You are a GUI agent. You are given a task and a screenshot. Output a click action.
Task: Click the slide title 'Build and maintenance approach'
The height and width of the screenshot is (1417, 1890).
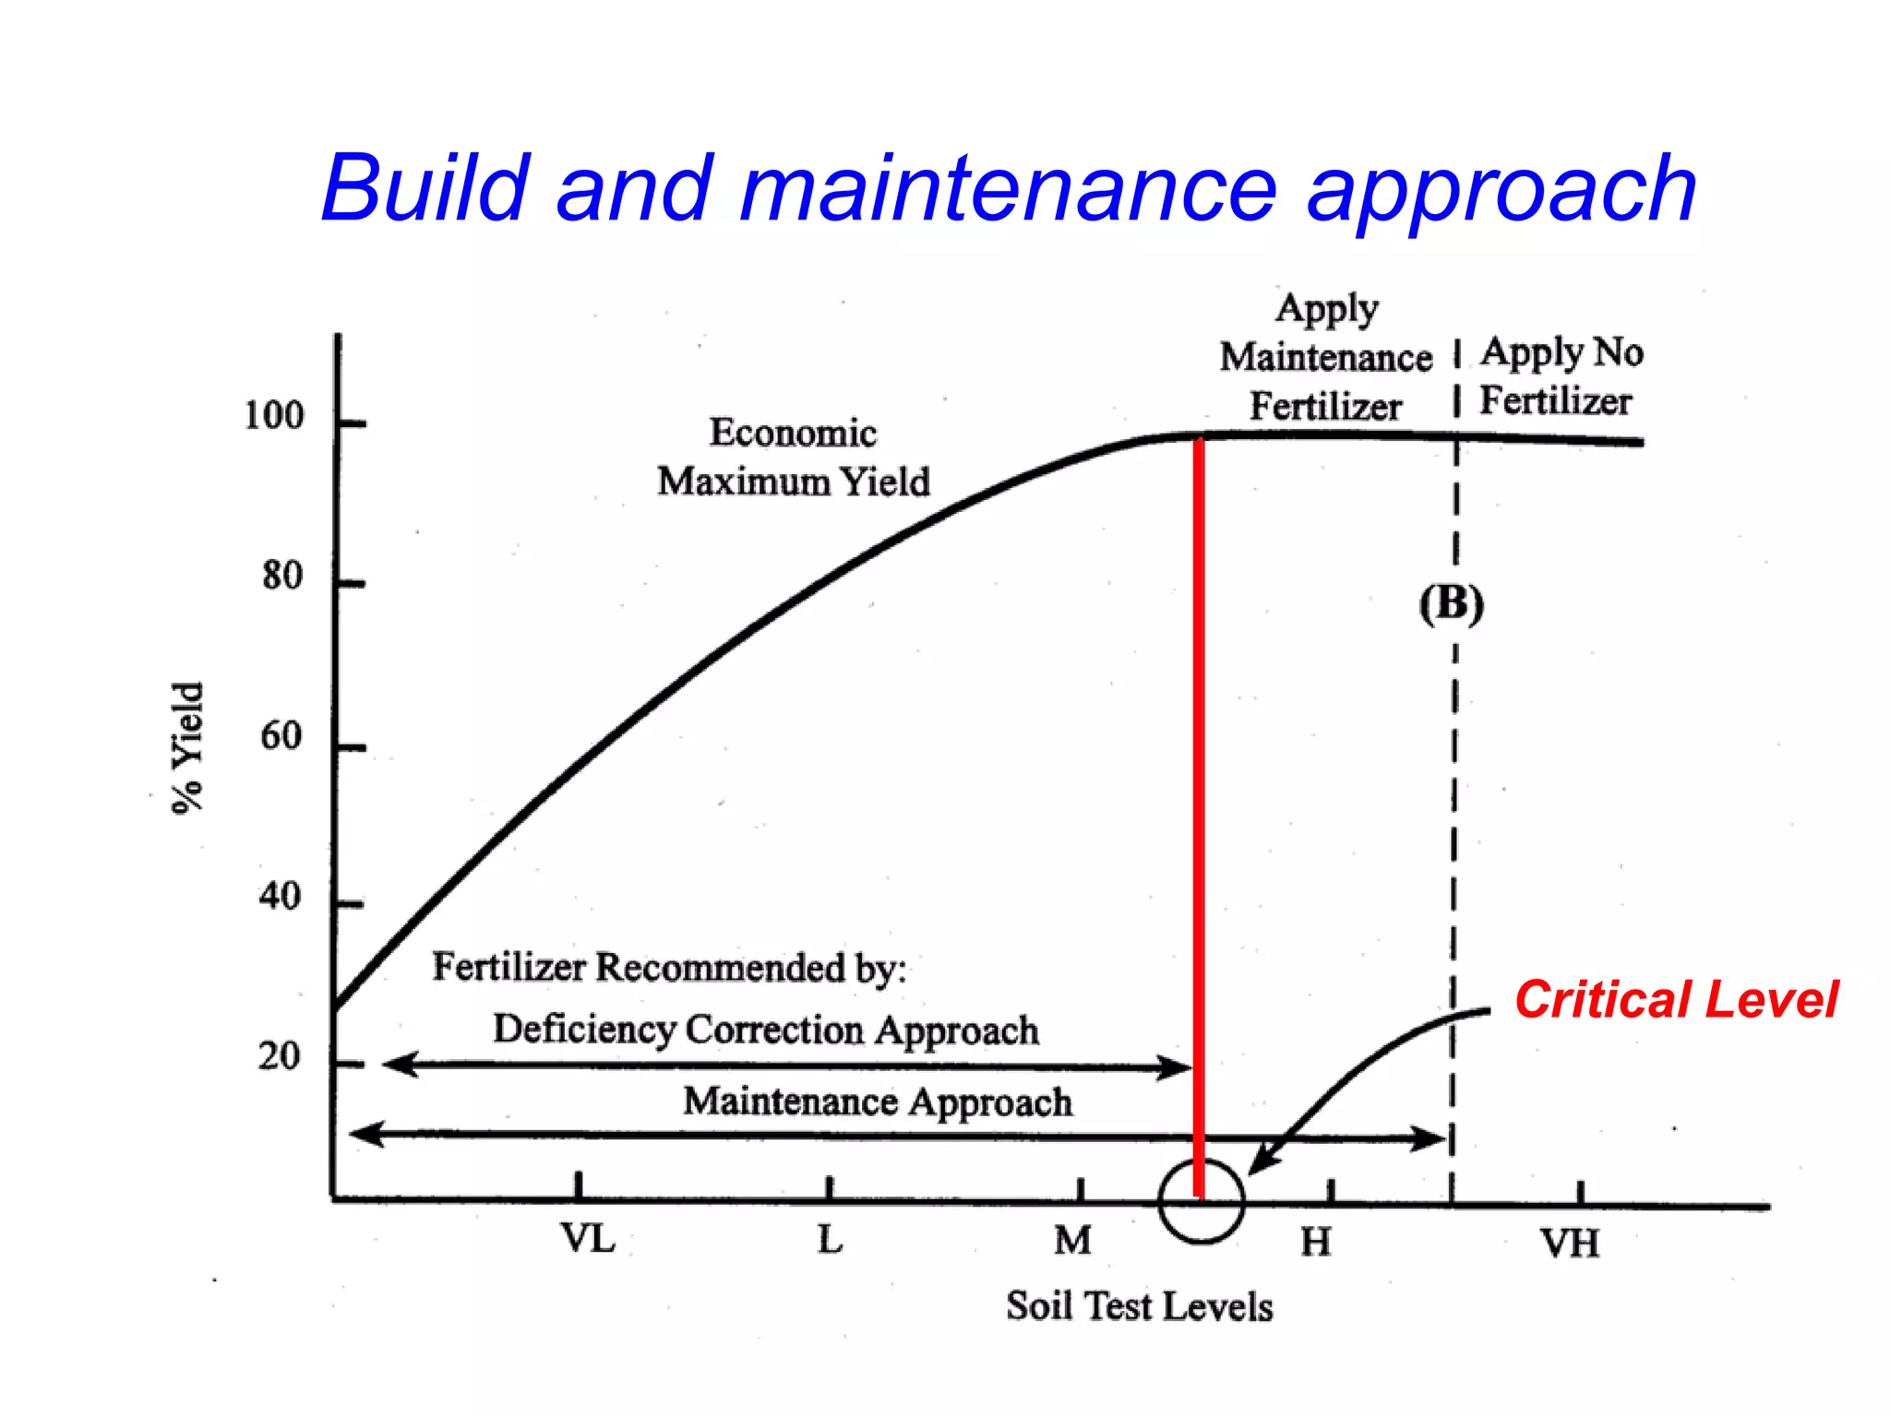1009,189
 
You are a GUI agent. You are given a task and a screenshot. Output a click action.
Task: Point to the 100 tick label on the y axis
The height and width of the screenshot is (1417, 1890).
273,416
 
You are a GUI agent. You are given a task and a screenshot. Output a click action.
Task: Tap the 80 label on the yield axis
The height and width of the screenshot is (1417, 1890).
281,576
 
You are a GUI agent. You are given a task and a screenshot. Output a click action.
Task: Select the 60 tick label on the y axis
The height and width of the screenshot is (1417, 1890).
281,736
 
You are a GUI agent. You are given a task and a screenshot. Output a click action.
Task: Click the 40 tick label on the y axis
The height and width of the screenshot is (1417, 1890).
280,897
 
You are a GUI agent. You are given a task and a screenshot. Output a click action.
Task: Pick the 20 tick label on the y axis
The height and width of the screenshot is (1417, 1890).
279,1056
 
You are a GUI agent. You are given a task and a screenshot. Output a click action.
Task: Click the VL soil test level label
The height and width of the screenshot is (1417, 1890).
588,1239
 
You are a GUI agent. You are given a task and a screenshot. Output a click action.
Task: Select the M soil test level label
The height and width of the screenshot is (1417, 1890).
1072,1241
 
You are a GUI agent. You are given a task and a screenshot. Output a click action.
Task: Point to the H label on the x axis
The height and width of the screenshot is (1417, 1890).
1316,1243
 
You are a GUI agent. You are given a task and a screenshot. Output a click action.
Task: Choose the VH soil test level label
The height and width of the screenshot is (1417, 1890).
1569,1244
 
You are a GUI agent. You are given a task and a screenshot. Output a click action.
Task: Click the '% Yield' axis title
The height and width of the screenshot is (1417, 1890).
187,747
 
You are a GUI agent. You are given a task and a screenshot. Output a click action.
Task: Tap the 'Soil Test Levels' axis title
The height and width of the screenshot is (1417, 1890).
1139,1306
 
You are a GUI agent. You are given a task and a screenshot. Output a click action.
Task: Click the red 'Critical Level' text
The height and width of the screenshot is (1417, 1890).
1676,1000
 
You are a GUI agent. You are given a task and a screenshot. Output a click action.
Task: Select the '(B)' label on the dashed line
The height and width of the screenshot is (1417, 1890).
1451,604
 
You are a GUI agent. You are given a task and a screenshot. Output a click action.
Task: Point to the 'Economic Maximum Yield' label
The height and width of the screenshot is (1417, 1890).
794,458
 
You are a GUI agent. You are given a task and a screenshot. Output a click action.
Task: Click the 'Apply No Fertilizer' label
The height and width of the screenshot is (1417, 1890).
1561,376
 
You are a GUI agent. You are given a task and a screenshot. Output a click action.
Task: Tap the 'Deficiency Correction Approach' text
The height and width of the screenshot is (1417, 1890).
765,1030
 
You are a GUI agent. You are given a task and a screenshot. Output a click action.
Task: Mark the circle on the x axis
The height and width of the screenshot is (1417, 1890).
1202,1201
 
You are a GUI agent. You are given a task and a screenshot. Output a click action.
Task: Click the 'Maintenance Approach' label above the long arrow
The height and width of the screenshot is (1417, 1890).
878,1101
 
